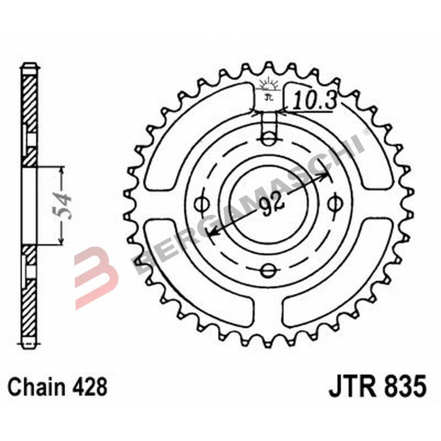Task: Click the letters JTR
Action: (x=352, y=386)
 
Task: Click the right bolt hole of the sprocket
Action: (x=333, y=204)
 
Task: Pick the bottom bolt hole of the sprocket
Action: (x=267, y=270)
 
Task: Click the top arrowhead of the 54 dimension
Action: (x=61, y=170)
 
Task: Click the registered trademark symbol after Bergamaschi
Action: (x=366, y=133)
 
